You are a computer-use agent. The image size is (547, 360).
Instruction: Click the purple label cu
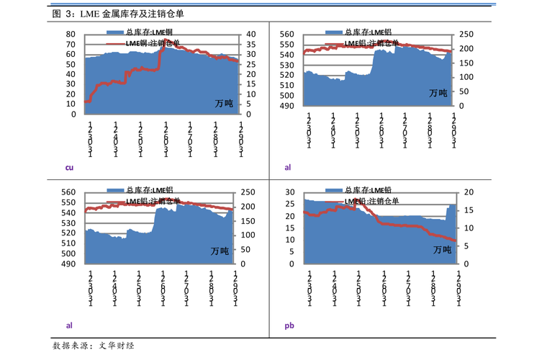pyautogui.click(x=70, y=168)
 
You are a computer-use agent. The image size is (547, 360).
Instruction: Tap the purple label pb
pyautogui.click(x=289, y=325)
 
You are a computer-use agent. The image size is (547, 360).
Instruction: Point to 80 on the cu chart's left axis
pyautogui.click(x=71, y=35)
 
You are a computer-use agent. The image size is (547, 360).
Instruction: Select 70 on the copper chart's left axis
pyautogui.click(x=71, y=45)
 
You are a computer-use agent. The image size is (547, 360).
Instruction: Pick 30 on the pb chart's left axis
pyautogui.click(x=291, y=192)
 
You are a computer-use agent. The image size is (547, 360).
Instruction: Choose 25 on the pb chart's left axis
pyautogui.click(x=291, y=204)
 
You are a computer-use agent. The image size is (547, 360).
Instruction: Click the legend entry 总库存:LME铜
pyautogui.click(x=149, y=32)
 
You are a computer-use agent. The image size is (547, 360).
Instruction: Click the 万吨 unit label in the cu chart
pyautogui.click(x=224, y=104)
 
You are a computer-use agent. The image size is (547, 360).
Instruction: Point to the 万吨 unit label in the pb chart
pyautogui.click(x=442, y=250)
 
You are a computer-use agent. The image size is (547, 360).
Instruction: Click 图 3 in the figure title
pyautogui.click(x=63, y=14)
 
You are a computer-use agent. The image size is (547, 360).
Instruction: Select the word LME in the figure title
pyautogui.click(x=90, y=14)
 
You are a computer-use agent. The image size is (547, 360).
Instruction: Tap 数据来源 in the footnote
pyautogui.click(x=70, y=346)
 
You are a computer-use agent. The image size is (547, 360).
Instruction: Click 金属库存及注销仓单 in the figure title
pyautogui.click(x=137, y=14)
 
